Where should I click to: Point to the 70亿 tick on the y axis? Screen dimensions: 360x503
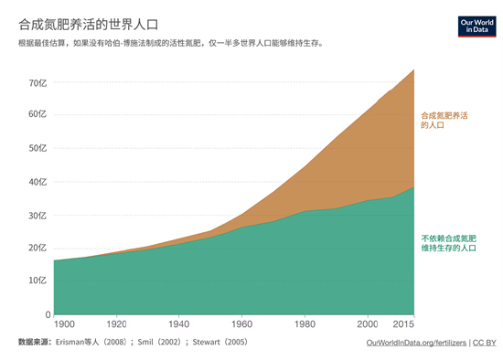click(37, 82)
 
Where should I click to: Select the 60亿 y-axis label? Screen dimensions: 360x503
click(37, 115)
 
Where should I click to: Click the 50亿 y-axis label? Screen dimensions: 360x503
click(37, 148)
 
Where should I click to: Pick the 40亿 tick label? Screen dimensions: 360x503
click(37, 182)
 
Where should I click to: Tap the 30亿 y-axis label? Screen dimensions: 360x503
click(37, 215)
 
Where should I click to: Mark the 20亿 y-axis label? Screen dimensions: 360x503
click(37, 248)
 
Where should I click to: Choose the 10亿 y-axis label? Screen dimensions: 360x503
click(37, 281)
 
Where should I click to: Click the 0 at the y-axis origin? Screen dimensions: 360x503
click(47, 314)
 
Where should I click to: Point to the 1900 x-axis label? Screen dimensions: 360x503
click(65, 324)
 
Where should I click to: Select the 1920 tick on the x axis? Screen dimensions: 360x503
click(116, 324)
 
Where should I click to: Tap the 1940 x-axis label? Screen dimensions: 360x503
click(178, 324)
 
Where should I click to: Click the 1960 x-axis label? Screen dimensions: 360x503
click(241, 324)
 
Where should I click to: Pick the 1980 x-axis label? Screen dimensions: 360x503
click(304, 324)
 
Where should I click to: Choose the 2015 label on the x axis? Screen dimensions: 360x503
click(402, 324)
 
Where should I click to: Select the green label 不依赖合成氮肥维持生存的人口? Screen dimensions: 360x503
click(449, 242)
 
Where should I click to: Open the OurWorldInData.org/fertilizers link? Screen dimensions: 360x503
click(415, 343)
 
